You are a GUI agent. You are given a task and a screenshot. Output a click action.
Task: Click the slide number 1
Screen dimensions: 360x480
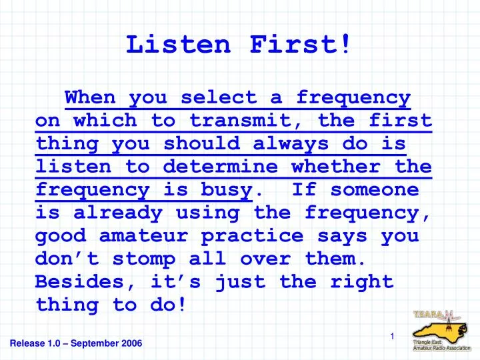click(393, 337)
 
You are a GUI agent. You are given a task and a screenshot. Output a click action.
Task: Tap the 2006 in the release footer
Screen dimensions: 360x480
click(130, 343)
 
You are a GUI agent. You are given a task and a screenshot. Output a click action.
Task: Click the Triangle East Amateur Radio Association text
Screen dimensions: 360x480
click(440, 345)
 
